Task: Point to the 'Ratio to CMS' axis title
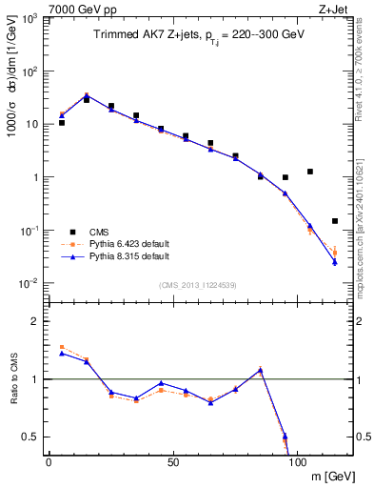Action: pos(13,379)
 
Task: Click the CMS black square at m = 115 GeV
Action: pos(335,221)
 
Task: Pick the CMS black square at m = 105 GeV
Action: pos(310,172)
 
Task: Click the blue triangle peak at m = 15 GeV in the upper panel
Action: pos(87,95)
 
